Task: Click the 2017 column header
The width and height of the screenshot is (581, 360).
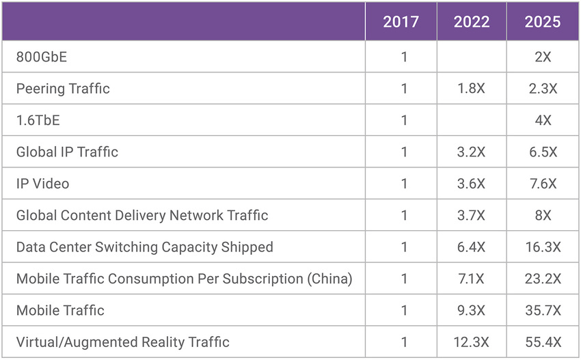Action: click(401, 21)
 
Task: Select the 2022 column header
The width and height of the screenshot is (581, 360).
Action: click(472, 21)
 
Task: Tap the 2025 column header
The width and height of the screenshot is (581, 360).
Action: click(543, 21)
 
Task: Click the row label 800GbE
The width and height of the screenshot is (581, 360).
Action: click(42, 57)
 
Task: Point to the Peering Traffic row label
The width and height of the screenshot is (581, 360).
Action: click(63, 89)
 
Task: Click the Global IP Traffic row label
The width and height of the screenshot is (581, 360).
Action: click(67, 152)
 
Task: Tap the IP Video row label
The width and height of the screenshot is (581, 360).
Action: click(42, 184)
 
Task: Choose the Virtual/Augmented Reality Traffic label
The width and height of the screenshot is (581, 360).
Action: click(123, 342)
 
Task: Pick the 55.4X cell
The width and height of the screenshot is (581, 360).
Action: click(543, 342)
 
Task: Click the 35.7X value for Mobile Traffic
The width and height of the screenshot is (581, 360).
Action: click(543, 311)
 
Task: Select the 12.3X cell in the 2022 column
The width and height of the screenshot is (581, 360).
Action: click(472, 342)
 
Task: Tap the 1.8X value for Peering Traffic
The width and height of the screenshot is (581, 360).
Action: click(472, 89)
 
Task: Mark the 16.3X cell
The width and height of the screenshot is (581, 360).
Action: click(543, 247)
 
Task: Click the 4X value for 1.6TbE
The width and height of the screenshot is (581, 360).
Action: click(543, 120)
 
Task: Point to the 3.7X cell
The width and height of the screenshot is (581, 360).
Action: click(472, 215)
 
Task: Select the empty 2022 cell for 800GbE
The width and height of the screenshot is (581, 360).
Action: click(472, 57)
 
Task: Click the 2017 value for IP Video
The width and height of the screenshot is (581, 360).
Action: click(404, 184)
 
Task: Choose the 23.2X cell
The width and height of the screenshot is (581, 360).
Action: click(543, 279)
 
